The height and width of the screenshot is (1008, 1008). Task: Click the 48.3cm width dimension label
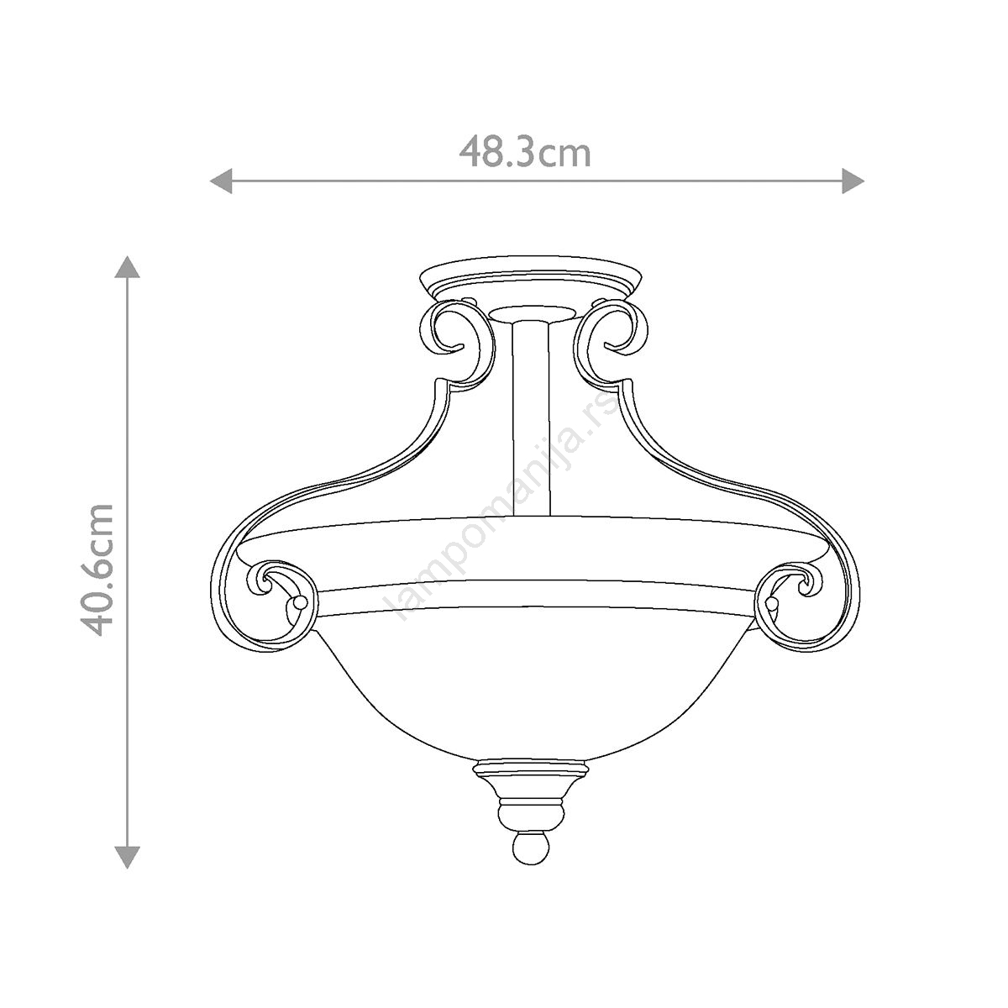[x=525, y=152]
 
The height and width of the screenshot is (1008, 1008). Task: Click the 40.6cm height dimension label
[x=97, y=570]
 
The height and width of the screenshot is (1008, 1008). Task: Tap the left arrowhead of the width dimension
[x=221, y=181]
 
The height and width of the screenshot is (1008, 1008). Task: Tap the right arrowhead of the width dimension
[x=853, y=181]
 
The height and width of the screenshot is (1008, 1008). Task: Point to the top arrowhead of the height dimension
[x=127, y=267]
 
